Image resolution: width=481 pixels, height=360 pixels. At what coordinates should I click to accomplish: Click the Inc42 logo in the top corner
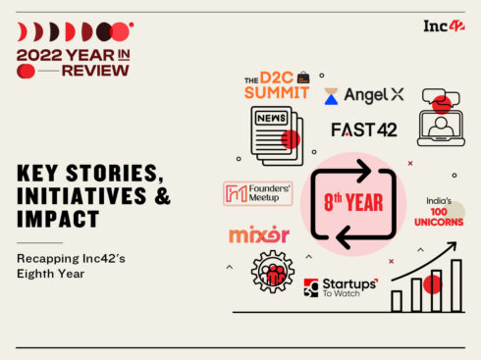443,26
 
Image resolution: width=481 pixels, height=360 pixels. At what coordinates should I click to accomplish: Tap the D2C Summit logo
277,84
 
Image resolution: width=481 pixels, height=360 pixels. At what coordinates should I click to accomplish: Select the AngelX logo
364,95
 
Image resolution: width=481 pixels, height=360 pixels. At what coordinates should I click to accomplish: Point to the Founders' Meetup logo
258,193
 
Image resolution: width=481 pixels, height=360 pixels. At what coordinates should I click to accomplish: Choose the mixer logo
259,235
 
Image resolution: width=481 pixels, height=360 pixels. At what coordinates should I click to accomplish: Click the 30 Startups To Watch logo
340,286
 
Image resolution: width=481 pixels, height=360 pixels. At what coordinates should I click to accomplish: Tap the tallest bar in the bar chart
455,285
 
